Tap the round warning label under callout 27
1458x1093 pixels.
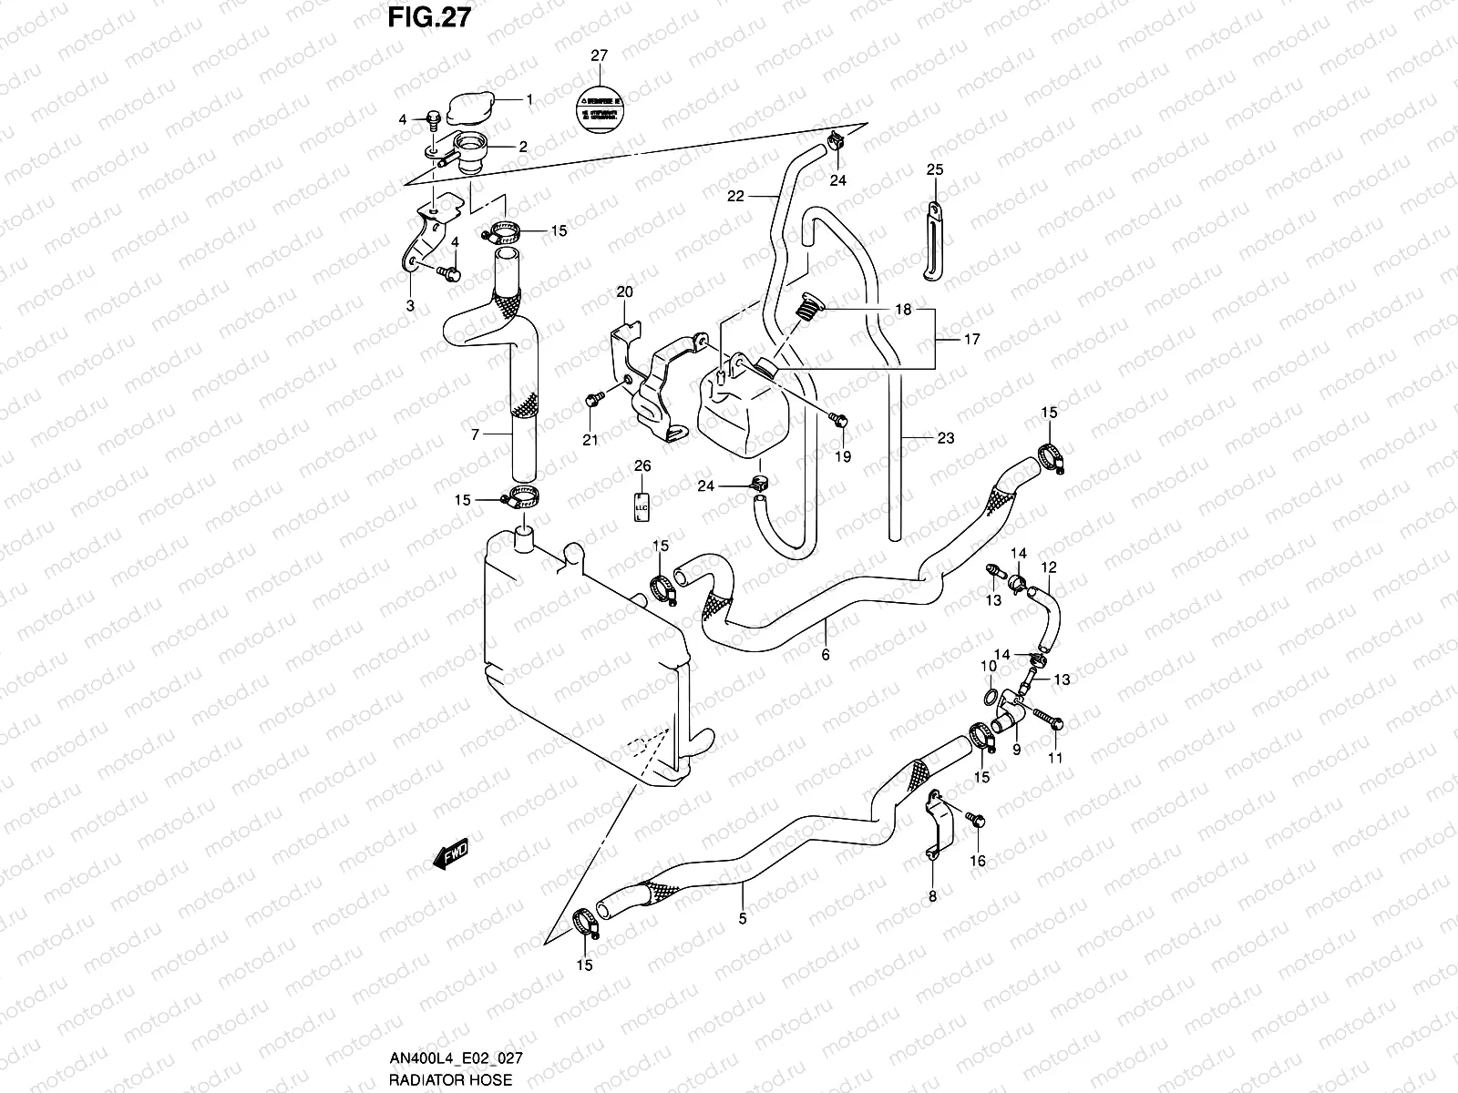pyautogui.click(x=598, y=107)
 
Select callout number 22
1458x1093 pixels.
pyautogui.click(x=735, y=196)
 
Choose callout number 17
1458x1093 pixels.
pyautogui.click(x=971, y=339)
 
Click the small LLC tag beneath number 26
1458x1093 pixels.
pyautogui.click(x=642, y=506)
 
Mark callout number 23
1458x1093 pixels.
pyautogui.click(x=945, y=438)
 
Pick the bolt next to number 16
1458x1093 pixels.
pyautogui.click(x=976, y=820)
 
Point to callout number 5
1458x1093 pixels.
pyautogui.click(x=742, y=919)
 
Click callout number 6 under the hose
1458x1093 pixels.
pyautogui.click(x=826, y=653)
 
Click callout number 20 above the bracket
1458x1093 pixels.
pyautogui.click(x=624, y=292)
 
